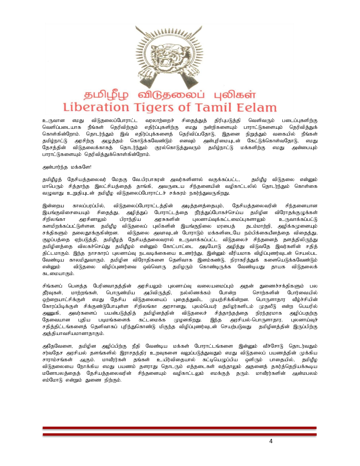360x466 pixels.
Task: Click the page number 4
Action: (x=271, y=441)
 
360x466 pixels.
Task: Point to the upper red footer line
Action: (x=180, y=428)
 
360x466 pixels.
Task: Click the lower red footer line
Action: (x=180, y=434)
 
